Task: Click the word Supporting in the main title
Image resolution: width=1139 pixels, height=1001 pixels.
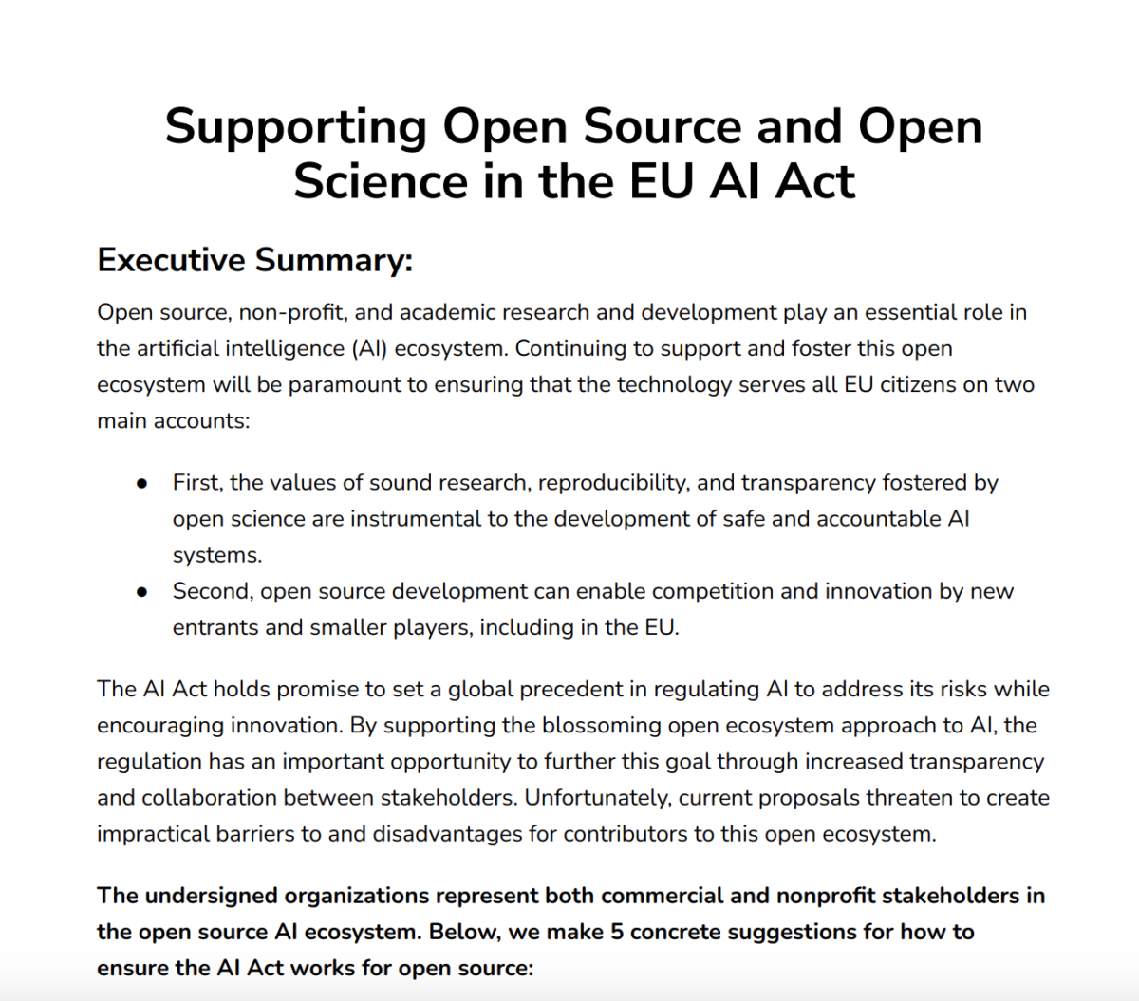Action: coord(295,128)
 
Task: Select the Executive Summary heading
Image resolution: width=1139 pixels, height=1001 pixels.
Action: coord(254,260)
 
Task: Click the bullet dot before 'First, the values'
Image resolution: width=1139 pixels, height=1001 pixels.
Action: coord(142,483)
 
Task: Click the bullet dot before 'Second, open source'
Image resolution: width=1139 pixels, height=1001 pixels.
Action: coord(142,592)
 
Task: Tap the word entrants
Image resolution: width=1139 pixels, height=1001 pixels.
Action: coord(209,627)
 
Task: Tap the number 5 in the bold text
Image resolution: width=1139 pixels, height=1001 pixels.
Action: coord(617,932)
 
